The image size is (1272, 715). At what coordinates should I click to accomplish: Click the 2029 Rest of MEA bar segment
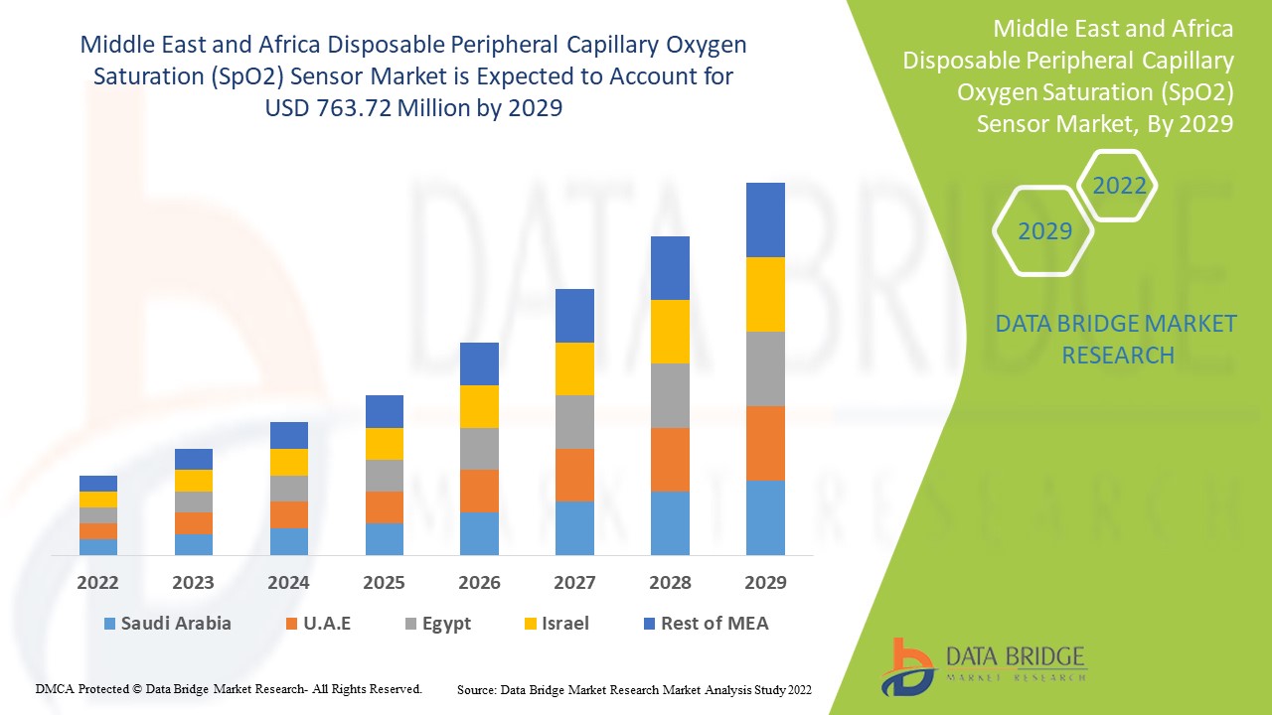[x=765, y=219]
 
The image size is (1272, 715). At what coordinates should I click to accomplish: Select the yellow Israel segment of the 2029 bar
[x=765, y=294]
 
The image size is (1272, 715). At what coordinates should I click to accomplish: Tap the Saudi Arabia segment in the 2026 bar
[x=479, y=533]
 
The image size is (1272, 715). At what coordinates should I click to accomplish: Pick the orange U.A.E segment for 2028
[x=670, y=459]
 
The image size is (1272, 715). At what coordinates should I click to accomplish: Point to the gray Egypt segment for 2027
[x=574, y=422]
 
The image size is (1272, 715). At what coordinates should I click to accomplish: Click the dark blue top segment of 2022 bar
[x=98, y=484]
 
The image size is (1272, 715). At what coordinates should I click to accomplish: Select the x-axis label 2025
[x=384, y=582]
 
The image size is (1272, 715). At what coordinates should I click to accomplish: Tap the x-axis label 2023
[x=193, y=582]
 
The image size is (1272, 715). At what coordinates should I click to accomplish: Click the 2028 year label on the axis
[x=670, y=582]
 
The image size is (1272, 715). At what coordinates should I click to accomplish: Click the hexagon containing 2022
[x=1119, y=186]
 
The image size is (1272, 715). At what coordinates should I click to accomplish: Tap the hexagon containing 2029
[x=1044, y=231]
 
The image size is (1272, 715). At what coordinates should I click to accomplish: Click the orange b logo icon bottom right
[x=907, y=666]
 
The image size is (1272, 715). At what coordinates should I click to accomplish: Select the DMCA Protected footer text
[x=229, y=688]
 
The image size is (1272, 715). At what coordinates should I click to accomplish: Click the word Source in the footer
[x=476, y=689]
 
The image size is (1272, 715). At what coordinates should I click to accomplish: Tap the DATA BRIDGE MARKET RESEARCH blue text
[x=1117, y=339]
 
